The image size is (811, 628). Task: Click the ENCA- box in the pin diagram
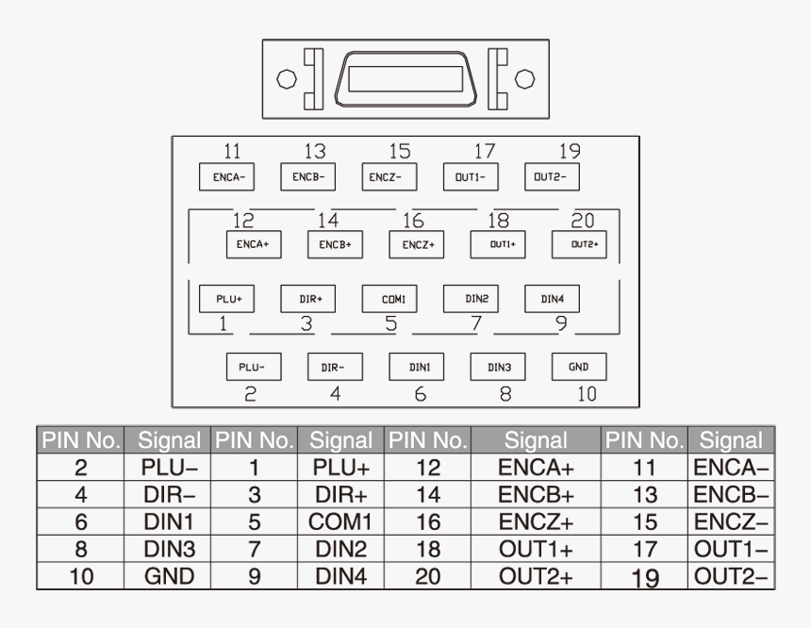pyautogui.click(x=227, y=176)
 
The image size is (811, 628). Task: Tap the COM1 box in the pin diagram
pyautogui.click(x=389, y=298)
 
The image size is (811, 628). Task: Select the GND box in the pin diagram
pyautogui.click(x=578, y=366)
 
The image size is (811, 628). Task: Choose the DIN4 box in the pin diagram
pyautogui.click(x=552, y=298)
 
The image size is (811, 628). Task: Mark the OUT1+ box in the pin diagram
pyautogui.click(x=498, y=244)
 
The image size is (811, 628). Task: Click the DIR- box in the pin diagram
pyautogui.click(x=335, y=366)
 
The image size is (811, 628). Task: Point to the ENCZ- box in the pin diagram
pyautogui.click(x=389, y=176)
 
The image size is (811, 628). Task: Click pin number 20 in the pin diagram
pyautogui.click(x=583, y=221)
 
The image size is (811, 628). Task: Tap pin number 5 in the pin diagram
pyautogui.click(x=390, y=324)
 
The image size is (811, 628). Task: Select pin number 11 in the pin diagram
pyautogui.click(x=231, y=151)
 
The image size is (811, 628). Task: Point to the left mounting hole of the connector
pyautogui.click(x=287, y=79)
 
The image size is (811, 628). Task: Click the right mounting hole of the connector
pyautogui.click(x=525, y=79)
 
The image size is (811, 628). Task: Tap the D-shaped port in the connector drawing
pyautogui.click(x=405, y=79)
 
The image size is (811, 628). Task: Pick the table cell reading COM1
pyautogui.click(x=339, y=521)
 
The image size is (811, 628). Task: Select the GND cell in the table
pyautogui.click(x=170, y=576)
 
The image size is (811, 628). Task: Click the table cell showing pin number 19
pyautogui.click(x=645, y=576)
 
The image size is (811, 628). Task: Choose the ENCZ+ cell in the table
pyautogui.click(x=536, y=521)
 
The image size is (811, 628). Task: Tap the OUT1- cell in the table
pyautogui.click(x=731, y=549)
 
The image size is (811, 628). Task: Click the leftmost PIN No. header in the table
pyautogui.click(x=81, y=439)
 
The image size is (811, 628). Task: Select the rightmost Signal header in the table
pyautogui.click(x=731, y=439)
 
